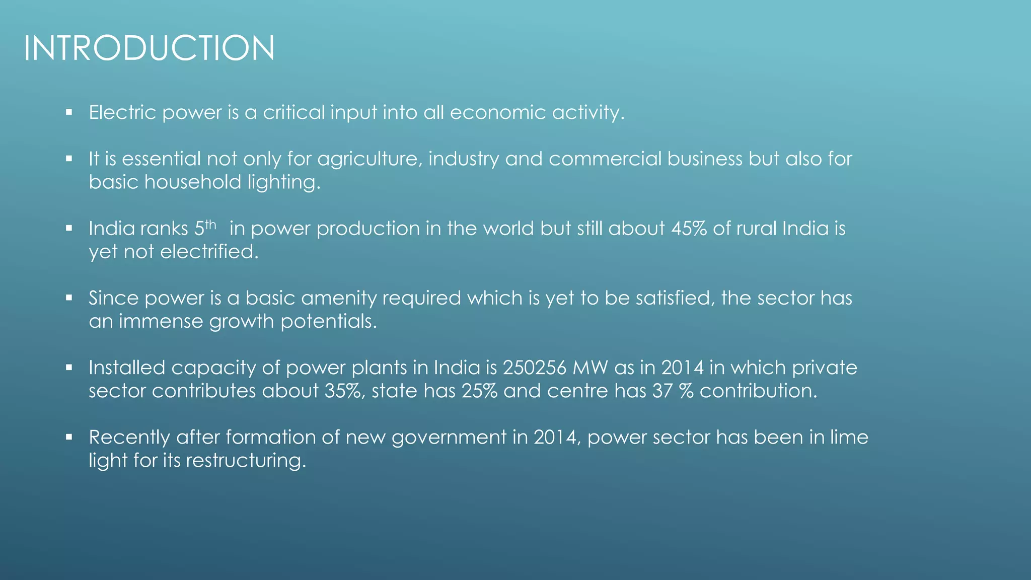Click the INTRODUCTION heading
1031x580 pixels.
(x=149, y=48)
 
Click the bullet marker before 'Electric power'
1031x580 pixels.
(x=69, y=112)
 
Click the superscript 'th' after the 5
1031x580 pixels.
(x=210, y=225)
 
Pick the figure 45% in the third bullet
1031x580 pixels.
(x=689, y=229)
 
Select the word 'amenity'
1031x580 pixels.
(x=336, y=298)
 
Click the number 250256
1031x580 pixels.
(x=535, y=368)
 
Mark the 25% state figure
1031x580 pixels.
(x=480, y=391)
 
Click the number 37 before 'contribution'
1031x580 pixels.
(x=662, y=391)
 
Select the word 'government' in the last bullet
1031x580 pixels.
(x=449, y=438)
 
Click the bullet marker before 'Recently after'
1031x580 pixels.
(x=69, y=437)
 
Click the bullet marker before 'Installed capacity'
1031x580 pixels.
(x=69, y=368)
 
